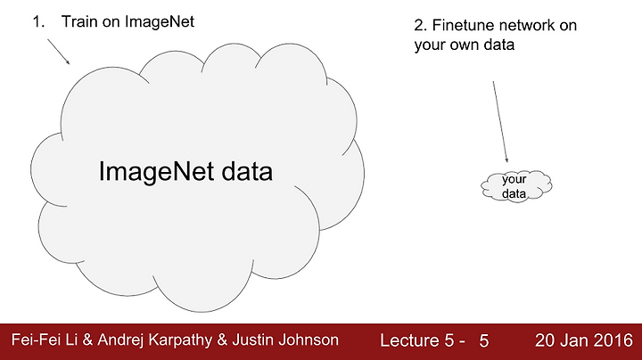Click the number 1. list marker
38,21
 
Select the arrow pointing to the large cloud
59,52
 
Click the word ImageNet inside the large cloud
156,172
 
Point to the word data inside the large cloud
247,171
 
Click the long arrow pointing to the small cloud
500,121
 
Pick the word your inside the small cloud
514,180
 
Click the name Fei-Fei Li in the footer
45,340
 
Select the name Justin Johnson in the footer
285,340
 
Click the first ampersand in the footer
87,340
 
